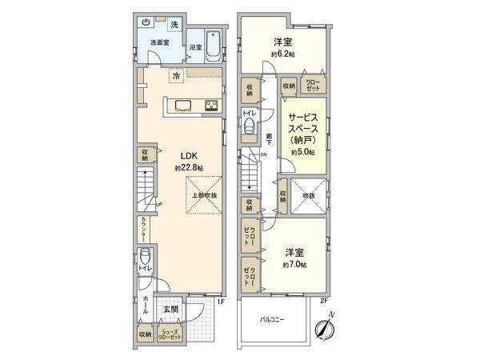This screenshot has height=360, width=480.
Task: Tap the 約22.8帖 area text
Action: [188, 168]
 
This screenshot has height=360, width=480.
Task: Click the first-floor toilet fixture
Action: [144, 261]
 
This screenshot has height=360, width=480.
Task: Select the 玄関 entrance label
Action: [171, 310]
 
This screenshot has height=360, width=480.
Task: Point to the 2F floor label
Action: [324, 302]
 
